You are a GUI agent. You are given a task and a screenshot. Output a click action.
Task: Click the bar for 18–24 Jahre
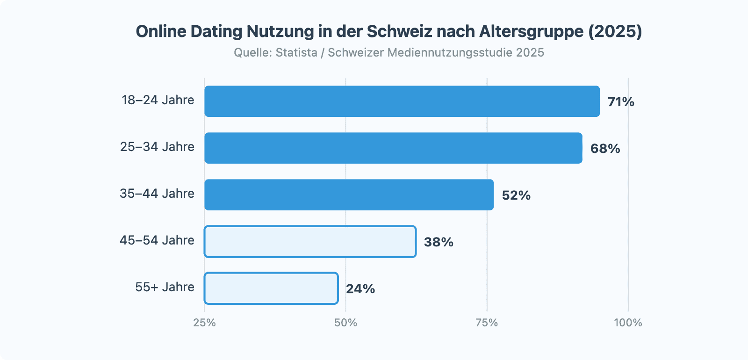coord(402,101)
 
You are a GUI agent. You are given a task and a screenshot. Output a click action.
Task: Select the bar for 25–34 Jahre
coord(393,148)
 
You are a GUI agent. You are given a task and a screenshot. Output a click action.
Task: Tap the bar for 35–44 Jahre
coord(349,195)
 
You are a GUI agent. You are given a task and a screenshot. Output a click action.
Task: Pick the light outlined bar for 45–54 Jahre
coord(310,242)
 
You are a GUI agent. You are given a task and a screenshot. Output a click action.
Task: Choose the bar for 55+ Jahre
coord(271,288)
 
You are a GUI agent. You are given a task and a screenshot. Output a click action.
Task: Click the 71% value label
coord(621,102)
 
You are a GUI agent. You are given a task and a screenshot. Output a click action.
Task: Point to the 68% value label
coord(605,149)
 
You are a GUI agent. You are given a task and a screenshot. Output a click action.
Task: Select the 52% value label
coord(516,195)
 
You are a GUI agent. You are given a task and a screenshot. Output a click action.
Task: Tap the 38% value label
coord(439,242)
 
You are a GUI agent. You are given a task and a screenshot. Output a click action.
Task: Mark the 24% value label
coord(360,289)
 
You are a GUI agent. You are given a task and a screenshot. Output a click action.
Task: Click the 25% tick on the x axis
coord(205,323)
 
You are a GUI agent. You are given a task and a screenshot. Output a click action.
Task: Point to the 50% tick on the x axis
coord(345,323)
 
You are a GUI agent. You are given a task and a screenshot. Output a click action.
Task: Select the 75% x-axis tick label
coord(487,323)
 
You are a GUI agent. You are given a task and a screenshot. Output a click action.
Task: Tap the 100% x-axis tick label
coord(628,323)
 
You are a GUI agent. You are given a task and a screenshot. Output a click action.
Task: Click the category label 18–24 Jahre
coord(158,100)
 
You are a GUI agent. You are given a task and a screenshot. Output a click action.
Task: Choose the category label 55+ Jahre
coord(165,287)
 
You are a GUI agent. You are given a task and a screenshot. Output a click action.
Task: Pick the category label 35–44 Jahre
coord(157,194)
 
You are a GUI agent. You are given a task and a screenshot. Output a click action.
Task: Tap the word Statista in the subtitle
coord(296,52)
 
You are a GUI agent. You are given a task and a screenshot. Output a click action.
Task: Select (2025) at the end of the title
coord(615,31)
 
